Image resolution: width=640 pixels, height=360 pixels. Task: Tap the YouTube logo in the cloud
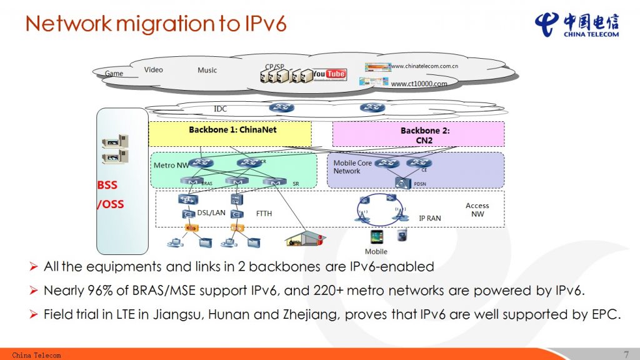(x=329, y=74)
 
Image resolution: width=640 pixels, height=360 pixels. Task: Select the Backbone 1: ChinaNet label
(x=232, y=130)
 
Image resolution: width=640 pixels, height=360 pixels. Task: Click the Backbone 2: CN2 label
(x=425, y=135)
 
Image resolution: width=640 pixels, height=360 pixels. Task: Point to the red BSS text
(x=107, y=185)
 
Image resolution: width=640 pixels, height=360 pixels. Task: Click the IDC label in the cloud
(x=221, y=109)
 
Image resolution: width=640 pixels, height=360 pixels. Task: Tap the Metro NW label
(x=171, y=166)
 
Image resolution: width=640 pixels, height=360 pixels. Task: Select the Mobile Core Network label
(x=352, y=167)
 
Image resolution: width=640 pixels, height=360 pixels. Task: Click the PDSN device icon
(x=401, y=182)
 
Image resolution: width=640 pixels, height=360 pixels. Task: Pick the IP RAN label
(x=429, y=218)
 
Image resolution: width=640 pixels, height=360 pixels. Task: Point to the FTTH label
(x=264, y=213)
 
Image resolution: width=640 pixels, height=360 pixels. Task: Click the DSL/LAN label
(x=211, y=212)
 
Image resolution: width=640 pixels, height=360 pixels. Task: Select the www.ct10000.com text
(x=419, y=84)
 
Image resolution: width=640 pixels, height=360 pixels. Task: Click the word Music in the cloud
(x=207, y=70)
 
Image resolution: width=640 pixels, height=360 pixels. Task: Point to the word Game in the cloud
(x=114, y=73)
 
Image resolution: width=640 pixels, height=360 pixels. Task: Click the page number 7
(x=626, y=354)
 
